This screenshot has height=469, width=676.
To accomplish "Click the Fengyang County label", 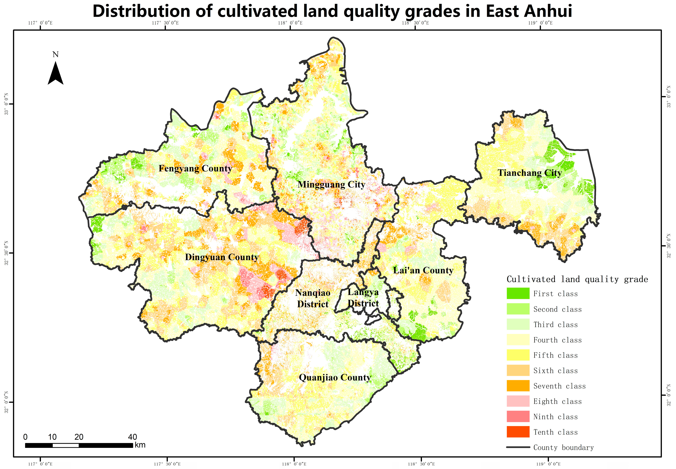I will point(195,168).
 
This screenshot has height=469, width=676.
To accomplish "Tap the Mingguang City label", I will point(331,185).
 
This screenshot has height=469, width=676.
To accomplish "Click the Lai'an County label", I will point(423,270).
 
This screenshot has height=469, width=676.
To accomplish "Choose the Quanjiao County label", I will point(335,378).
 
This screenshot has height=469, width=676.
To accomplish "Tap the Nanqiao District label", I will point(313,298).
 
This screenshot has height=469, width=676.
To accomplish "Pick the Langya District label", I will point(363,298).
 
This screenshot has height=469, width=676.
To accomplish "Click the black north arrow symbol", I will point(56,74).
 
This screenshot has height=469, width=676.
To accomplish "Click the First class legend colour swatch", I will point(518,293).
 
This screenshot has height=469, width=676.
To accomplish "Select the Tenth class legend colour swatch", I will point(518,432).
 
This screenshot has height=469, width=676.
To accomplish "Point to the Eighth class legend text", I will point(557,401).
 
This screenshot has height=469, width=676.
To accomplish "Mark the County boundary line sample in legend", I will point(518,447).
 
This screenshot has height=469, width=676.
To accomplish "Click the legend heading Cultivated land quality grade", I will point(577,279).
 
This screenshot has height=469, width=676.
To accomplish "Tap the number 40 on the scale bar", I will point(133,437).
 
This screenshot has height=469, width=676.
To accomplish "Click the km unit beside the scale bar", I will point(140,445).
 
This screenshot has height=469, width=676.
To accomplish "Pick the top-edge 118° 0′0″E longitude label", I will point(290,23).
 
